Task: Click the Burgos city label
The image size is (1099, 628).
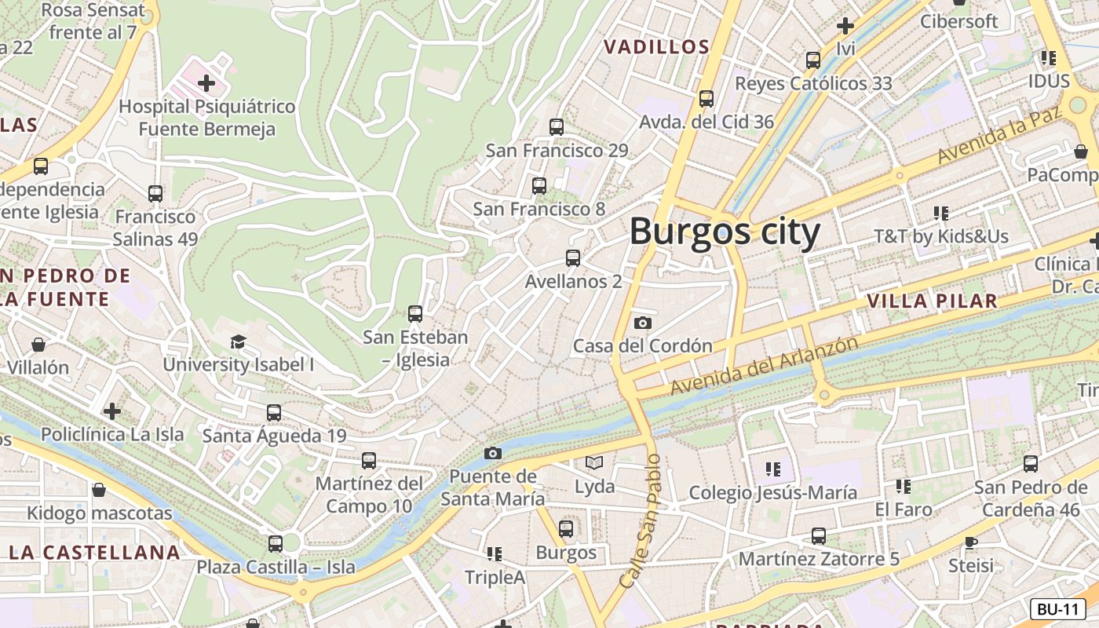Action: pyautogui.click(x=725, y=232)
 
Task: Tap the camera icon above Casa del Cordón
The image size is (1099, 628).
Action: pyautogui.click(x=642, y=323)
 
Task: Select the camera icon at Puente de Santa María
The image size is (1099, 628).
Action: pyautogui.click(x=492, y=453)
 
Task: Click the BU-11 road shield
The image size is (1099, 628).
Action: pyautogui.click(x=1057, y=609)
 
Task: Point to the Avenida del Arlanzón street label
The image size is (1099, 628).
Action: pyautogui.click(x=764, y=367)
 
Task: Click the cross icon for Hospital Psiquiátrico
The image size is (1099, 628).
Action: pyautogui.click(x=206, y=82)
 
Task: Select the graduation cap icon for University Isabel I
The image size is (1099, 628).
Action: pyautogui.click(x=238, y=341)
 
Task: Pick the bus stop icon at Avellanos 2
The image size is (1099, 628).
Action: pyautogui.click(x=573, y=257)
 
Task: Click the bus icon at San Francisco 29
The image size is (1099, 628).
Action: pyautogui.click(x=557, y=126)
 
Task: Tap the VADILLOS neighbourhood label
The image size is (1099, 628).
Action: pyautogui.click(x=656, y=47)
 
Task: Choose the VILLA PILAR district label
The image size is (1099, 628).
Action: pyautogui.click(x=932, y=301)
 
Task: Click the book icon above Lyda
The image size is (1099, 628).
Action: pyautogui.click(x=594, y=463)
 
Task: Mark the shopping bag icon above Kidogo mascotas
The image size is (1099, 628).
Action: pyautogui.click(x=99, y=491)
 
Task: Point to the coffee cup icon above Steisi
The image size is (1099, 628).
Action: pyautogui.click(x=971, y=542)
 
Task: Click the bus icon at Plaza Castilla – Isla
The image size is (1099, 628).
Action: pyautogui.click(x=275, y=543)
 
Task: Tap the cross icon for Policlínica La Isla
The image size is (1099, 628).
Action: pyautogui.click(x=112, y=411)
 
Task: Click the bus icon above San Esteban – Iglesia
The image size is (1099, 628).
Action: pyautogui.click(x=415, y=314)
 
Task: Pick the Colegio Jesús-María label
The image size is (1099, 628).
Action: pyautogui.click(x=772, y=493)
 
